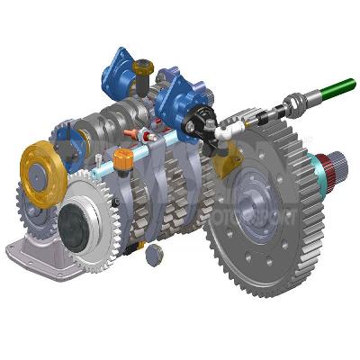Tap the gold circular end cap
pos(40,163)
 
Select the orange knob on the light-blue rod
pos(124,160)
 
